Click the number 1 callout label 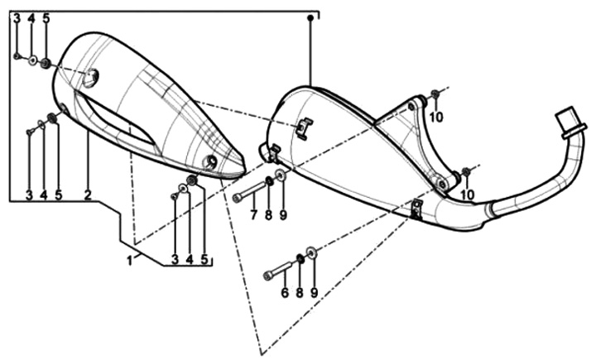click(130, 260)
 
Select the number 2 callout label click(88, 195)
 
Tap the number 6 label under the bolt click(284, 292)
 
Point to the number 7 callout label click(254, 215)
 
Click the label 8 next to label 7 click(268, 215)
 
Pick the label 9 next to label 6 click(314, 292)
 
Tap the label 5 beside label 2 click(58, 195)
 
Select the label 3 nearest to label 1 click(175, 260)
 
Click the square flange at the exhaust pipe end click(571, 122)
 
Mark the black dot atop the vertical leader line click(310, 17)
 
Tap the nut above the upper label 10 click(435, 94)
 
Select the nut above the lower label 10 click(466, 171)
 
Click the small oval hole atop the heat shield click(90, 78)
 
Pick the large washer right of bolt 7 click(281, 176)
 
